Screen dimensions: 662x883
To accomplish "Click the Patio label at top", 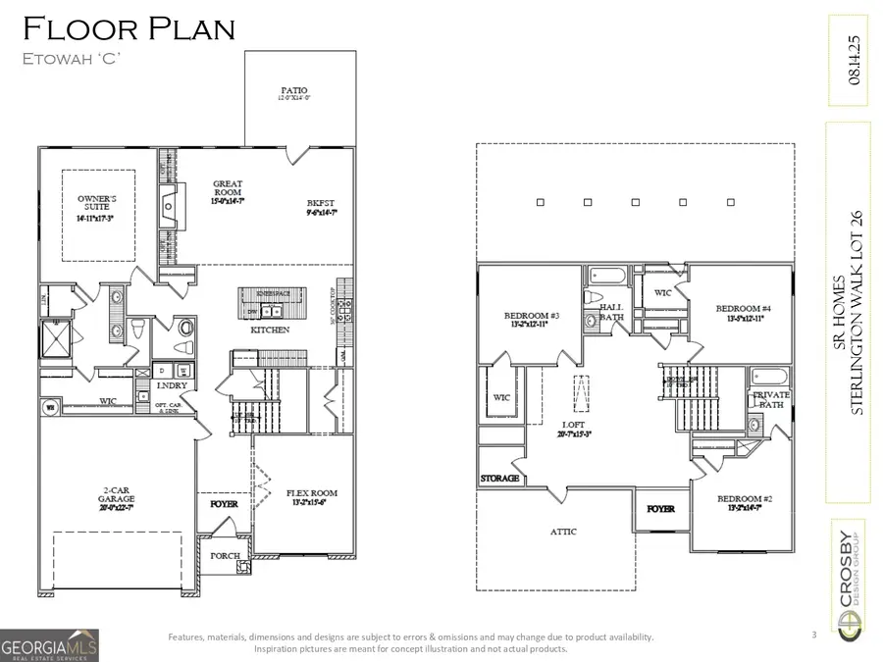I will [293, 93].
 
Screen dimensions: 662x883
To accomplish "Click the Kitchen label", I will [270, 330].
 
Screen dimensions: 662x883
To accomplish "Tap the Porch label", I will [226, 555].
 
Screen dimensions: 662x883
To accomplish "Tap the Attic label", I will [563, 532].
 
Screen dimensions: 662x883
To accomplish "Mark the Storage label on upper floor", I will [499, 479].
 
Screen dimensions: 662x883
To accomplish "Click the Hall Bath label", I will [612, 312].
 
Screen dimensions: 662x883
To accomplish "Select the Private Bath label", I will [771, 399].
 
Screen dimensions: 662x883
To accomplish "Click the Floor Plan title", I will [128, 28].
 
